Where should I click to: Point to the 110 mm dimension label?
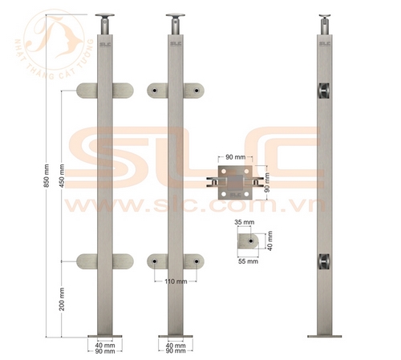(x=176, y=282)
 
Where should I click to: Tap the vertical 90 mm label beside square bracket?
(x=267, y=185)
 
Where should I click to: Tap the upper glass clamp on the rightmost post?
(x=322, y=91)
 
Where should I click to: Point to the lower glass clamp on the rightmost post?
(x=322, y=261)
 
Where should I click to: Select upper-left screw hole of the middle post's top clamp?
(x=155, y=91)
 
